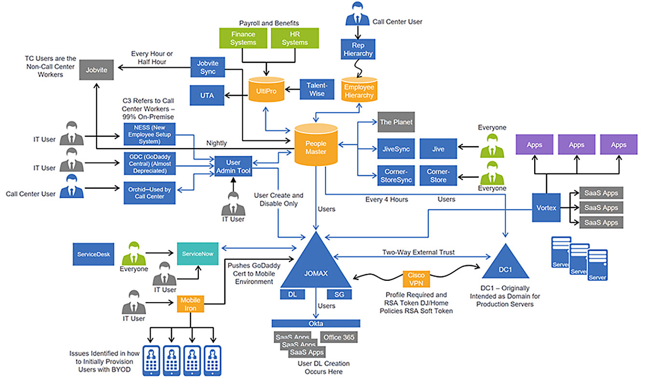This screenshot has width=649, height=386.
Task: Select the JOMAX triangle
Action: point(316,265)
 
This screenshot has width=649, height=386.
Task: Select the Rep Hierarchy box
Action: point(358,49)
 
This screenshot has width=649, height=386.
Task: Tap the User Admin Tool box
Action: point(233,166)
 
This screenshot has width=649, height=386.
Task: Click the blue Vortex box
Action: point(546,207)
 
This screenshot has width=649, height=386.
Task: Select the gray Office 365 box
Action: point(339,337)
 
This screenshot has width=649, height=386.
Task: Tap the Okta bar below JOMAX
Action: point(316,323)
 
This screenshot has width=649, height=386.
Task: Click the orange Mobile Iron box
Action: point(190,303)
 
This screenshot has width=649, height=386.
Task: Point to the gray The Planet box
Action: point(396,122)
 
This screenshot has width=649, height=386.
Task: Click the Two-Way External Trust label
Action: point(418,252)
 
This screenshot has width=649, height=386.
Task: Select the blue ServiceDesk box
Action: point(93,253)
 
